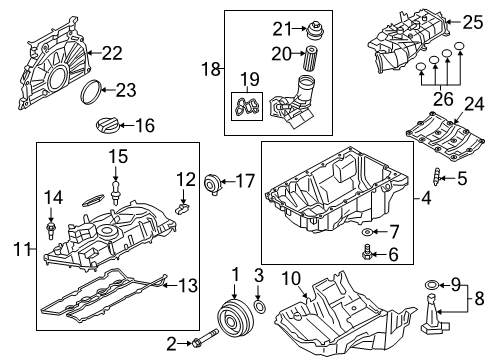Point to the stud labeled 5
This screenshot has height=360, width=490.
click(x=439, y=181)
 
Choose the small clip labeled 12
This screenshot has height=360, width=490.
click(x=184, y=208)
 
